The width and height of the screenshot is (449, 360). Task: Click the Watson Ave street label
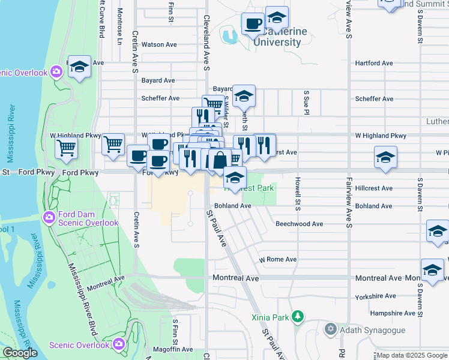click(x=159, y=44)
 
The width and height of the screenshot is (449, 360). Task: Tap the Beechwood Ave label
click(x=299, y=224)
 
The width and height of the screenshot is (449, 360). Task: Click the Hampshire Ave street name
click(x=393, y=313)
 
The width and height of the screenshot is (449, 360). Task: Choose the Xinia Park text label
click(x=270, y=316)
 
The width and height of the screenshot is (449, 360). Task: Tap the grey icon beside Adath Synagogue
click(x=330, y=329)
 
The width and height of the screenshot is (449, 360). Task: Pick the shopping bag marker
click(x=220, y=160)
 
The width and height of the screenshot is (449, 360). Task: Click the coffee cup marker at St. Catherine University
click(x=253, y=24)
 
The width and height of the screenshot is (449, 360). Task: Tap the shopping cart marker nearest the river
click(x=66, y=148)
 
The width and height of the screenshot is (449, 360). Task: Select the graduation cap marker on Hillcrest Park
click(x=235, y=177)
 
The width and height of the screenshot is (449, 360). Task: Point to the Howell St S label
click(x=298, y=193)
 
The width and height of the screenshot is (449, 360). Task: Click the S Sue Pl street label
click(x=306, y=103)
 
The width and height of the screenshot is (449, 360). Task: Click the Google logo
click(x=20, y=353)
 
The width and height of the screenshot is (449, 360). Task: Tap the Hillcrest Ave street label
click(x=373, y=188)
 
